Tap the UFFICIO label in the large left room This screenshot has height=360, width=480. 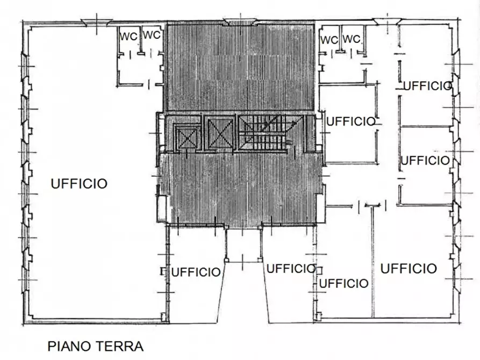point(79,184)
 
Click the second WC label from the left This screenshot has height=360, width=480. point(152,35)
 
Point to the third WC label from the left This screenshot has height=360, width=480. point(329,40)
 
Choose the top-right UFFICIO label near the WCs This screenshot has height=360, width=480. point(426,85)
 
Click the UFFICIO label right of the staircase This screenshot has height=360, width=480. point(350,121)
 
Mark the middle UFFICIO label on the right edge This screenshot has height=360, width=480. point(425,160)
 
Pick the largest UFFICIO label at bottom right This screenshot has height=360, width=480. point(409,268)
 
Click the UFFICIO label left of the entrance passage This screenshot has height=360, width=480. point(196,272)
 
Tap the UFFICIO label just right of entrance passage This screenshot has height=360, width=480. point(291,269)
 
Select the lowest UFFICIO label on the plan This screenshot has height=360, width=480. point(343,283)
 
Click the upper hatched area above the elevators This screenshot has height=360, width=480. point(240,67)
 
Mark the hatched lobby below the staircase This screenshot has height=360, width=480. point(240,188)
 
